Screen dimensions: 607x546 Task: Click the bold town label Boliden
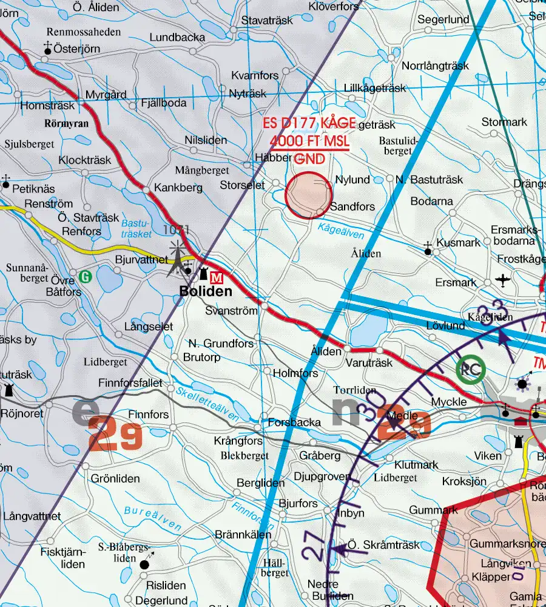point(206,291)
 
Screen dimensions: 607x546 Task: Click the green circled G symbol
point(86,277)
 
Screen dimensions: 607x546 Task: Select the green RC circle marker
point(471,369)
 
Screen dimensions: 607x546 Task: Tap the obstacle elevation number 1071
point(177,230)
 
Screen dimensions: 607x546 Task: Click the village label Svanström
point(231,310)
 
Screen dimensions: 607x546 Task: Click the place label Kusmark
point(459,242)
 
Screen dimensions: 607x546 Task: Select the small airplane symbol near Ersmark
point(503,280)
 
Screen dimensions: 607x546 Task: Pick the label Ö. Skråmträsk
point(383,545)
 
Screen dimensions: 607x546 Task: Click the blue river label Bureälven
point(153,517)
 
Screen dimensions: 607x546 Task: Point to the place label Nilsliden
point(206,140)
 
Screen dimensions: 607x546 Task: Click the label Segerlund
point(443,19)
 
